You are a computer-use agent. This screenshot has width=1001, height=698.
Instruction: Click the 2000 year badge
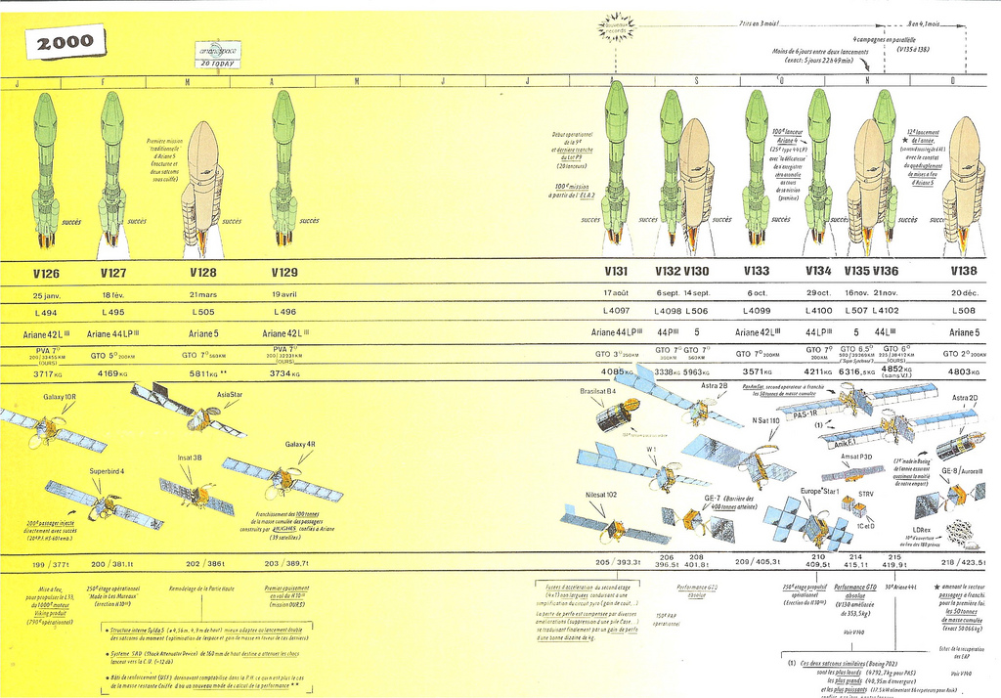pyautogui.click(x=66, y=41)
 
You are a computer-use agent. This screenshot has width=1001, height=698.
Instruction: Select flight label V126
pyautogui.click(x=45, y=273)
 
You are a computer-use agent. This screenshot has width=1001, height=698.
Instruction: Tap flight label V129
pyautogui.click(x=283, y=273)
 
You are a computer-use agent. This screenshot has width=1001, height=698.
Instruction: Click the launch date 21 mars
pyautogui.click(x=203, y=294)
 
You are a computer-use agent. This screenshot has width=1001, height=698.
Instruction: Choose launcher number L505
pyautogui.click(x=203, y=312)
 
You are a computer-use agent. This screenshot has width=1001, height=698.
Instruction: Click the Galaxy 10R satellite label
pyautogui.click(x=58, y=397)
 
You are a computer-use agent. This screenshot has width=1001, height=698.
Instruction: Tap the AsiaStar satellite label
pyautogui.click(x=229, y=394)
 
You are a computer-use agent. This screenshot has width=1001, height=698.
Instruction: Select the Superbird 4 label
pyautogui.click(x=107, y=471)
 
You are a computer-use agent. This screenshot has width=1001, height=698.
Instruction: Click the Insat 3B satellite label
pyautogui.click(x=190, y=458)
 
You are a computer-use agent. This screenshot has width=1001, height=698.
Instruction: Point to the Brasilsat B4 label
pyautogui.click(x=598, y=391)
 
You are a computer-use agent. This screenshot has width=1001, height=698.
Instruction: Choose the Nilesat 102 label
pyautogui.click(x=601, y=495)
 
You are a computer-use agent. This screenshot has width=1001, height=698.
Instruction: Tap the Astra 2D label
pyautogui.click(x=964, y=398)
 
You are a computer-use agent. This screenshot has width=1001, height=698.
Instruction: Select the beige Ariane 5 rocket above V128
pyautogui.click(x=202, y=186)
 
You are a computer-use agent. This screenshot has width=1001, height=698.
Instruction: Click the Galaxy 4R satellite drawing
pyautogui.click(x=283, y=479)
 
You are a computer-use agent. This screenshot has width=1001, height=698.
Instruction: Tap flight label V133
pyautogui.click(x=757, y=273)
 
